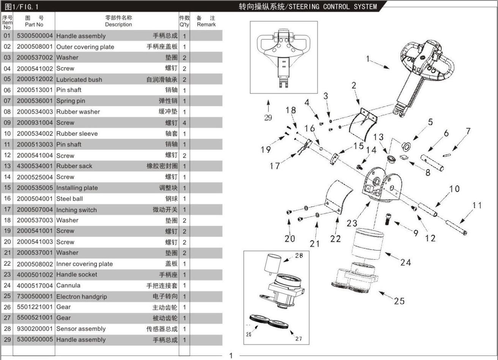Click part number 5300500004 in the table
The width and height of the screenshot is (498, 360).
35,36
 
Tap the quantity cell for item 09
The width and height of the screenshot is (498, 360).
184,123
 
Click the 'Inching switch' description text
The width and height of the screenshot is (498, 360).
76,210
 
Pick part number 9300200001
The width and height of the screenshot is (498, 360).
35,329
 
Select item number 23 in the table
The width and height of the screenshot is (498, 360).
7,274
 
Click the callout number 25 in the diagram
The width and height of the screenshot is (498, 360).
399,301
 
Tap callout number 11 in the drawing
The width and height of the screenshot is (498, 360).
477,205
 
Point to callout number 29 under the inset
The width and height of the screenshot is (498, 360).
268,117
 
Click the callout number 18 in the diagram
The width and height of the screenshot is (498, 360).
291,110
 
